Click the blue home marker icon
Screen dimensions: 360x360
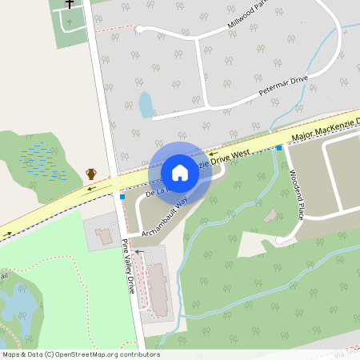[x=180, y=172]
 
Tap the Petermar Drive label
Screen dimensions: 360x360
[x=282, y=87]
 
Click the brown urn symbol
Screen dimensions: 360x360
[x=91, y=174]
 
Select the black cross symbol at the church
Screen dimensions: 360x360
[x=70, y=4]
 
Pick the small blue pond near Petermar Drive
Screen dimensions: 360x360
[x=146, y=104]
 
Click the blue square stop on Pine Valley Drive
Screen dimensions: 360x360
[x=122, y=197]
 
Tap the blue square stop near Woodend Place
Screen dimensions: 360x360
[x=279, y=148]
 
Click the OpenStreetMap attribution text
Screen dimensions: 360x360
[x=81, y=354]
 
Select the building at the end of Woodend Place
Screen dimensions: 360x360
[x=271, y=215]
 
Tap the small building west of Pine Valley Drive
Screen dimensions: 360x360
[x=104, y=236]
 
